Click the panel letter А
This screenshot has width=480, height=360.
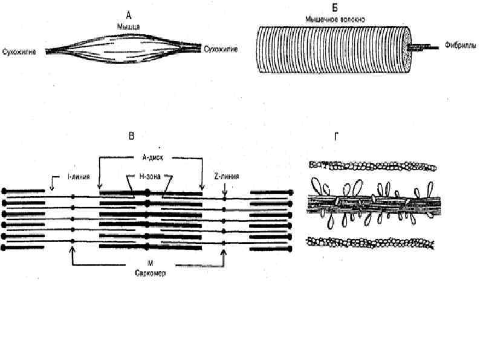tap(129, 11)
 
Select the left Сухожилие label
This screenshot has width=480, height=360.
tap(19, 52)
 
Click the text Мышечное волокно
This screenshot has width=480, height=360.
tap(334, 20)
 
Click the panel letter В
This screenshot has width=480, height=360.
tap(132, 137)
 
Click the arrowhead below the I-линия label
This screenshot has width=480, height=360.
tap(53, 188)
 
